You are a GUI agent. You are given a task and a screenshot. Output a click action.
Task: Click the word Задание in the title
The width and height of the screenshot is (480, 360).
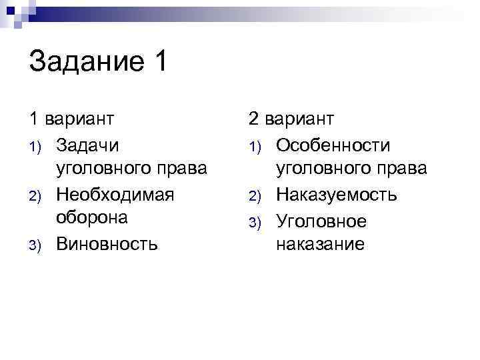pos(86,64)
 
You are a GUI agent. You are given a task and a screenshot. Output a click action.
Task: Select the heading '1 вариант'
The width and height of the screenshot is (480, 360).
pos(71,119)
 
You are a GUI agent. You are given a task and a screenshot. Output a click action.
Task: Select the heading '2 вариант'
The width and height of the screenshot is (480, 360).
pos(291,119)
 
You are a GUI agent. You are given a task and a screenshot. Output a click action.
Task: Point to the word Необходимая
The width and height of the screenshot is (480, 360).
pos(115,194)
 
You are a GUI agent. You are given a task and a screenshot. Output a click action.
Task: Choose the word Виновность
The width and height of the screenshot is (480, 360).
pos(107,244)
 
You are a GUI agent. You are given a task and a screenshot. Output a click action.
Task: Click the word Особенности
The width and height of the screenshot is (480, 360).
pos(333,145)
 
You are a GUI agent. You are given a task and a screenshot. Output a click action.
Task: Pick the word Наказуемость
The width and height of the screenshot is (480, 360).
pos(336,194)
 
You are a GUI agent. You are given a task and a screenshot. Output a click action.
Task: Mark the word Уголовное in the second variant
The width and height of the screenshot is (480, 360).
pos(321,219)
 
